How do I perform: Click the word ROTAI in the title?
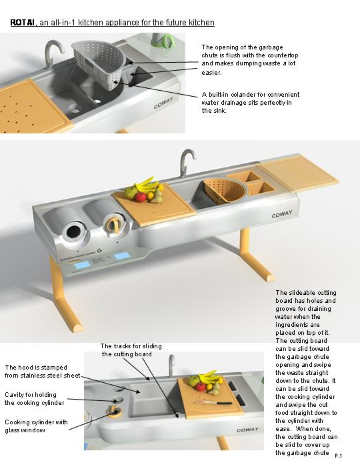23,23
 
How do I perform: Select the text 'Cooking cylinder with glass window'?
35,426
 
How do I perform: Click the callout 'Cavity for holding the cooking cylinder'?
35,398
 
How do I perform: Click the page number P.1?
338,455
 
